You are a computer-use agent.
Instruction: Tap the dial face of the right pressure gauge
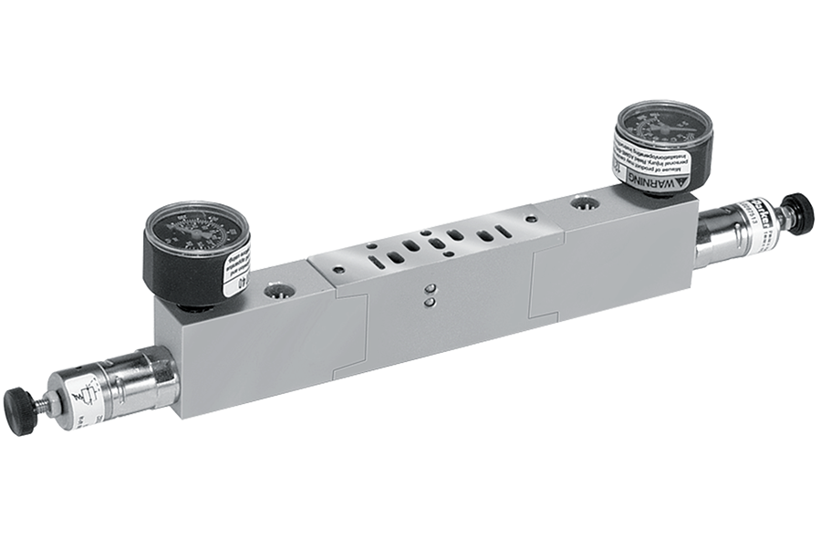pyautogui.click(x=664, y=127)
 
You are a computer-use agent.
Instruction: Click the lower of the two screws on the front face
pyautogui.click(x=430, y=306)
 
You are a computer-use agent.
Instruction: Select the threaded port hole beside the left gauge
pyautogui.click(x=275, y=292)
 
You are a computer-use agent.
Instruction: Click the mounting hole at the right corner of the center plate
pyautogui.click(x=532, y=216)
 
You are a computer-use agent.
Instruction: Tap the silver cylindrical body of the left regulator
pyautogui.click(x=137, y=379)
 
